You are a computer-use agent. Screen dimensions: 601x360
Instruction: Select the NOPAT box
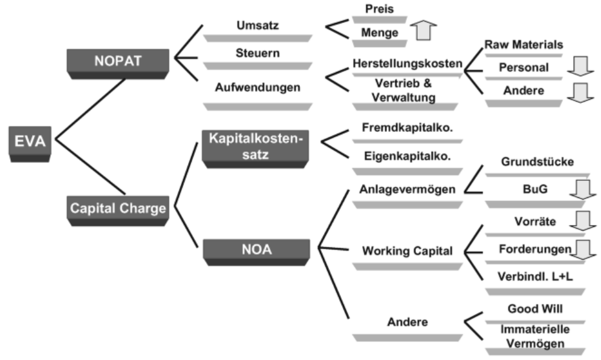tap(118, 64)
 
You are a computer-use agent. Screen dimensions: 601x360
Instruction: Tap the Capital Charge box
tap(118, 211)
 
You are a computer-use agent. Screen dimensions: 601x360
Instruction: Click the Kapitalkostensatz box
tap(255, 149)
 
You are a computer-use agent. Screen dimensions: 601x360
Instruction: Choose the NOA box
tap(256, 252)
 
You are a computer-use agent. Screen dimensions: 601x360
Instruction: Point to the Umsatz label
tap(258, 25)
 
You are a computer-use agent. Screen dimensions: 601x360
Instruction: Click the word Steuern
tap(258, 53)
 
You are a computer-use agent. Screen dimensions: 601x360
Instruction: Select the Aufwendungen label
tap(258, 87)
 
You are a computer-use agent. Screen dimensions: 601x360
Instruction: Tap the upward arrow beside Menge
tap(423, 30)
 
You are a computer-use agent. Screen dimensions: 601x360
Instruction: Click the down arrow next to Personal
tap(580, 67)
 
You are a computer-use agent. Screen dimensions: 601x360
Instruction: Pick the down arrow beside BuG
tap(583, 190)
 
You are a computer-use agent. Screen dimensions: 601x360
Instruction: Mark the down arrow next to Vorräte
tap(583, 220)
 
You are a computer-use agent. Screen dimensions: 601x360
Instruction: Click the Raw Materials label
tap(524, 45)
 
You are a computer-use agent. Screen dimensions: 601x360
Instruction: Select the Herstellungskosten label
tap(408, 64)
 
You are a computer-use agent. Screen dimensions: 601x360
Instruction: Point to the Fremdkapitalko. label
tap(408, 127)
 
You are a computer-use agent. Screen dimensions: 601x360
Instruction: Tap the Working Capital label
tap(408, 250)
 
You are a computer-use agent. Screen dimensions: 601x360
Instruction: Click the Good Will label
tap(535, 309)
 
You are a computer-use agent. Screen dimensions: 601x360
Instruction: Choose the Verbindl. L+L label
tap(535, 277)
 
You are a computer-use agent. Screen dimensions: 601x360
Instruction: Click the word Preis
tap(380, 9)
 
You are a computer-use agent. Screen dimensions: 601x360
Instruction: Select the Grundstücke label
tap(538, 162)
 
